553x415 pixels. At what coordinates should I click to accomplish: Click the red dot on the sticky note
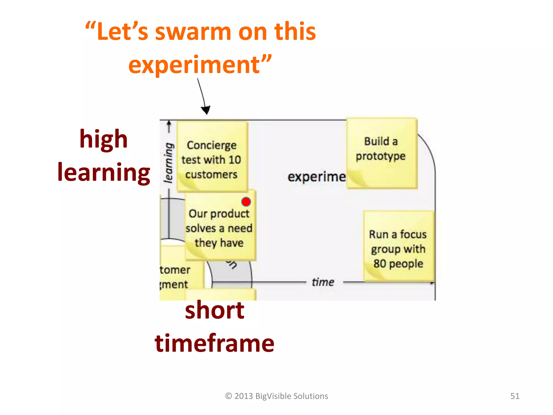click(x=246, y=202)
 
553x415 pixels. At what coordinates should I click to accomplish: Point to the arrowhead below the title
click(x=206, y=110)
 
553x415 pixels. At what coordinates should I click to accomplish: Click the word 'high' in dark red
click(x=103, y=139)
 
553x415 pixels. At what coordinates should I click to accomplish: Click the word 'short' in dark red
click(x=215, y=310)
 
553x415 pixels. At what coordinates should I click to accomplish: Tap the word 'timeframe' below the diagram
click(x=215, y=343)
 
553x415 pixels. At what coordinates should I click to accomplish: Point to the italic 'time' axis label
click(x=323, y=282)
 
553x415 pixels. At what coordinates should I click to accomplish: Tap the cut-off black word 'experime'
click(x=316, y=177)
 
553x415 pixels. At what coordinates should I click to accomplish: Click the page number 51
click(x=515, y=396)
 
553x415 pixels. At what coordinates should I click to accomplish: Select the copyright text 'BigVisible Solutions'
click(x=292, y=396)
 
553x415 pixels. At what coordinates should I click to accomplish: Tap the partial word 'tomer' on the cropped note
click(x=175, y=270)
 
